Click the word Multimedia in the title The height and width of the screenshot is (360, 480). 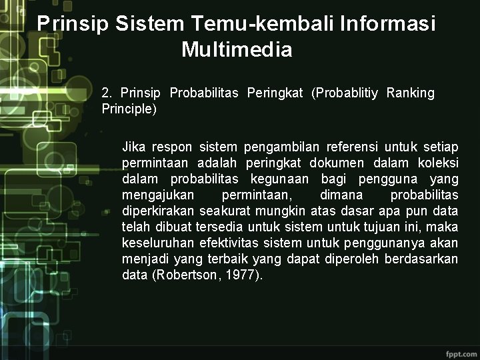pyautogui.click(x=236, y=50)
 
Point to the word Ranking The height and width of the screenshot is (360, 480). pyautogui.click(x=410, y=93)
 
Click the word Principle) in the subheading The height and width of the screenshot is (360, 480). pyautogui.click(x=129, y=109)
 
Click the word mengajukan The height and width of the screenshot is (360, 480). pyautogui.click(x=158, y=195)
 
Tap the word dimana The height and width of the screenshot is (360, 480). pyautogui.click(x=341, y=195)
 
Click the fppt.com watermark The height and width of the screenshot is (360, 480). pyautogui.click(x=459, y=351)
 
